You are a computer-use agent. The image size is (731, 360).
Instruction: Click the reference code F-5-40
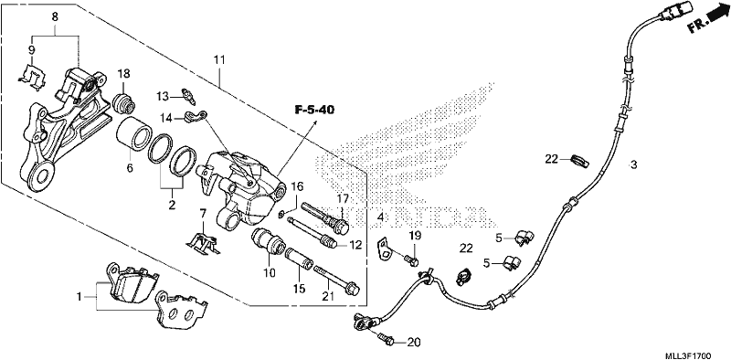click(314, 110)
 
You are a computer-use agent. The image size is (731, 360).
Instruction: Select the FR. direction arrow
click(708, 20)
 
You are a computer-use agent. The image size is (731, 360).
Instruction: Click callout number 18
click(123, 73)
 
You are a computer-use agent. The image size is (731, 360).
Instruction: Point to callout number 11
click(219, 59)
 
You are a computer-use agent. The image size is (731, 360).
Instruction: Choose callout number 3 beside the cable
click(633, 164)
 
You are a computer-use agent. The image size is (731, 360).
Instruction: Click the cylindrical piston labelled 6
click(133, 134)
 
